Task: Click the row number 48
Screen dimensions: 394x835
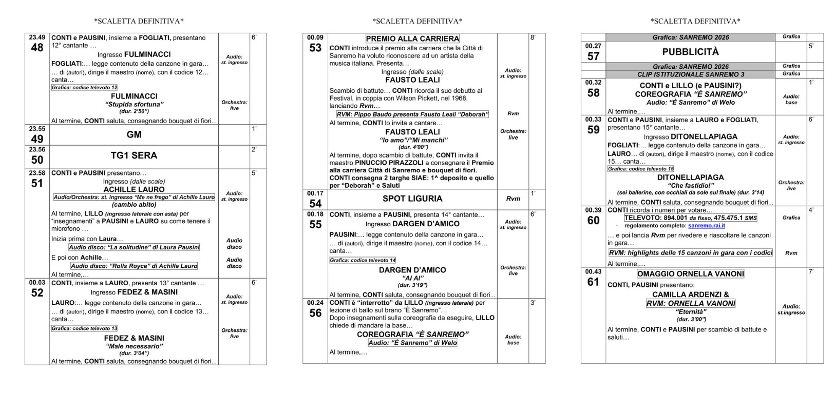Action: [37, 48]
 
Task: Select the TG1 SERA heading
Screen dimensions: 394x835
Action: [134, 155]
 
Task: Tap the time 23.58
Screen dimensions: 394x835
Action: [37, 173]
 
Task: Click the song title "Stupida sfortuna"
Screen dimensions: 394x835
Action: [134, 104]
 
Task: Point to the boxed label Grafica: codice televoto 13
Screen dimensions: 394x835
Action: [85, 328]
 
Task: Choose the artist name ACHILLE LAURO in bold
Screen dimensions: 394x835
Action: [134, 189]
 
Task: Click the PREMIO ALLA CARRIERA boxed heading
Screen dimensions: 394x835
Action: [412, 38]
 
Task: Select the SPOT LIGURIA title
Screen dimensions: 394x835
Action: [412, 199]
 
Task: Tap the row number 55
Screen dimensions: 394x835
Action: [315, 224]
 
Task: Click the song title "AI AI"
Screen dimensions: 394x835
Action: [412, 278]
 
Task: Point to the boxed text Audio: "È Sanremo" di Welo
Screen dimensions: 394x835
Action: [412, 343]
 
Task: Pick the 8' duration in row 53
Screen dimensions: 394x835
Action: [534, 37]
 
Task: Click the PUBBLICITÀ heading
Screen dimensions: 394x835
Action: [690, 52]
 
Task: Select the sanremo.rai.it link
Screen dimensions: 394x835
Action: [707, 226]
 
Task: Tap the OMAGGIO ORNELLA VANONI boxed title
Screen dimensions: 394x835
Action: [690, 274]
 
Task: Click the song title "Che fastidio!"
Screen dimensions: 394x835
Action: [690, 185]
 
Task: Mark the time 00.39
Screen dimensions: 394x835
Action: [593, 210]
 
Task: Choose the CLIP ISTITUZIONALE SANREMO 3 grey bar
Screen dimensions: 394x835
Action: [690, 74]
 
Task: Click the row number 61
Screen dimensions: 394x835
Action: [593, 282]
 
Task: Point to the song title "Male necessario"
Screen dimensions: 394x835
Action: [134, 346]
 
